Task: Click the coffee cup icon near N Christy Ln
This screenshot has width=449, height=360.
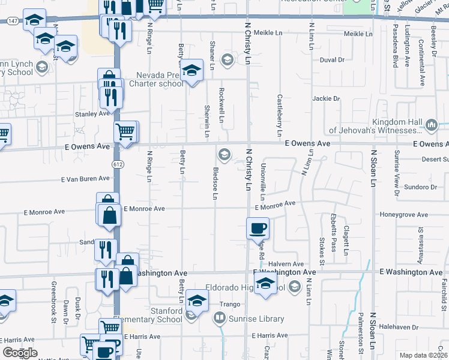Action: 258,228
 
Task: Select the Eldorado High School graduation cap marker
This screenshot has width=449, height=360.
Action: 265,285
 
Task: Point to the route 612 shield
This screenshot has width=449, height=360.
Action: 118,163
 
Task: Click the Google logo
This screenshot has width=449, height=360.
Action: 20,353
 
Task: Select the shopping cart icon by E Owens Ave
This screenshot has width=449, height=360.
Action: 125,131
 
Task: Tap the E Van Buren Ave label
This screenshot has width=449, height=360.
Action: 85,179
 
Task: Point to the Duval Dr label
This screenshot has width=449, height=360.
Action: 332,60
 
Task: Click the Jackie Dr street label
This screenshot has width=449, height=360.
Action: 326,98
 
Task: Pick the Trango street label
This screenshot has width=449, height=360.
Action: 230,304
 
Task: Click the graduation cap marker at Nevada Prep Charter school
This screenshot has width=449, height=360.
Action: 191,71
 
